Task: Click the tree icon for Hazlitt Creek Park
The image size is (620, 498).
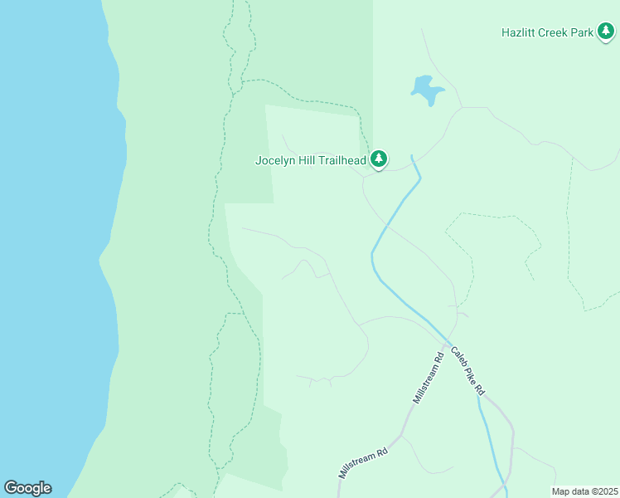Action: point(606,32)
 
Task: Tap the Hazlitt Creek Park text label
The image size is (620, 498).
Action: point(548,33)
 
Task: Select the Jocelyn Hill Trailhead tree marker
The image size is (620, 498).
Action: point(379,158)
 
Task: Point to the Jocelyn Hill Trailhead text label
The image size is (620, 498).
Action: point(311,160)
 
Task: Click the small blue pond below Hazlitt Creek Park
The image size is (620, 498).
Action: point(426,89)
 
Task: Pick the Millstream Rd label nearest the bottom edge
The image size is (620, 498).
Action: point(363,464)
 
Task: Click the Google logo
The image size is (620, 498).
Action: point(27,488)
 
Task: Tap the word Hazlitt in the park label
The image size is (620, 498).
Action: point(518,33)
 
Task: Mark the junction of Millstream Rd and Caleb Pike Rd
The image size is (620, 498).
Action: point(446,343)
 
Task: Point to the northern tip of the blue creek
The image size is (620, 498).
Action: point(413,156)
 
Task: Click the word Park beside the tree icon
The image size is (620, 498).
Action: point(583,33)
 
